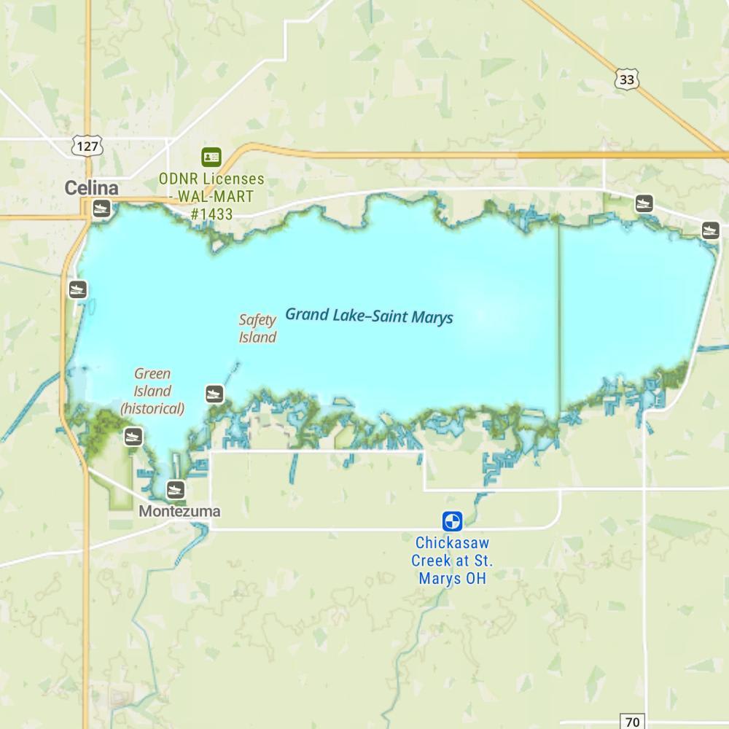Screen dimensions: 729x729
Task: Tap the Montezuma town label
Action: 179,511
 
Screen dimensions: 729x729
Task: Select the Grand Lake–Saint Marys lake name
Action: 369,316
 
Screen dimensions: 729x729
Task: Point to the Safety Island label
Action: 258,328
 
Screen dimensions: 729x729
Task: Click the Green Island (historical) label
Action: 152,391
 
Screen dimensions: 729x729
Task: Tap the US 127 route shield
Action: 87,146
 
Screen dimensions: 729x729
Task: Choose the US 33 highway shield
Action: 626,80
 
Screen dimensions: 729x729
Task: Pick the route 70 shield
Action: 633,722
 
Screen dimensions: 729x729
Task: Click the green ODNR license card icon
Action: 211,156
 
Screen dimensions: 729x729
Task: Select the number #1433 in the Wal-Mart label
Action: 211,214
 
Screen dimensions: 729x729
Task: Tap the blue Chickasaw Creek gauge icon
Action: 453,521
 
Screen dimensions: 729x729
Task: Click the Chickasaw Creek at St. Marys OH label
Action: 452,561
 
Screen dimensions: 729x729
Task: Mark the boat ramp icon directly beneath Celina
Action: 101,209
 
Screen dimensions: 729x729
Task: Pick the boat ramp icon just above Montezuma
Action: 176,489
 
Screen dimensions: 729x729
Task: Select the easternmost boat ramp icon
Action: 711,231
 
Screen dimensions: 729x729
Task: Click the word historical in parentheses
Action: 152,408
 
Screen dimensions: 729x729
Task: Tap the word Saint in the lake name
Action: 394,316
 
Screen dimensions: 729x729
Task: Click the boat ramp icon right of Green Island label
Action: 214,394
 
